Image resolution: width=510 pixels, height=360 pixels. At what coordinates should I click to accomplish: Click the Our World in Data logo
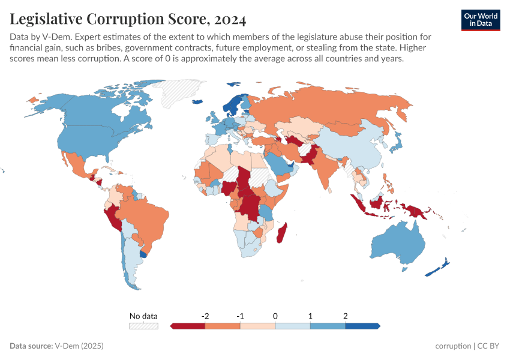[x=480, y=19]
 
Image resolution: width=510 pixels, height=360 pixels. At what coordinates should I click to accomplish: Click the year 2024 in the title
[x=227, y=20]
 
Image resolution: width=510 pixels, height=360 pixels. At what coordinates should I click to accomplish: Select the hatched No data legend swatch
[x=143, y=326]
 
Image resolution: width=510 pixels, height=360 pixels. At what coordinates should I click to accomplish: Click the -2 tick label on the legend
[x=205, y=316]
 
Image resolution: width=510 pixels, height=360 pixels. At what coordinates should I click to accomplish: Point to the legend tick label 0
[x=275, y=316]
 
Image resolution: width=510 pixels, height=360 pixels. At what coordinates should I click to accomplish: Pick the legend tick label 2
[x=346, y=316]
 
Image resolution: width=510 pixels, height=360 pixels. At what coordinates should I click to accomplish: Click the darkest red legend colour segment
[x=188, y=326]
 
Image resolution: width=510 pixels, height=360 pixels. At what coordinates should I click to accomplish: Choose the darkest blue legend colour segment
[x=362, y=326]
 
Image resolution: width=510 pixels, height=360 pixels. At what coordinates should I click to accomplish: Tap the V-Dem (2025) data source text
[x=79, y=346]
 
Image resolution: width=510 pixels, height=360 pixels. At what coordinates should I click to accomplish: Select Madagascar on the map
[x=281, y=233]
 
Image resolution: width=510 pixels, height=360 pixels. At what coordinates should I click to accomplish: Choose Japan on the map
[x=397, y=142]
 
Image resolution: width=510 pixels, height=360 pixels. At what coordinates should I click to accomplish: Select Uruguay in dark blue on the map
[x=142, y=254]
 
